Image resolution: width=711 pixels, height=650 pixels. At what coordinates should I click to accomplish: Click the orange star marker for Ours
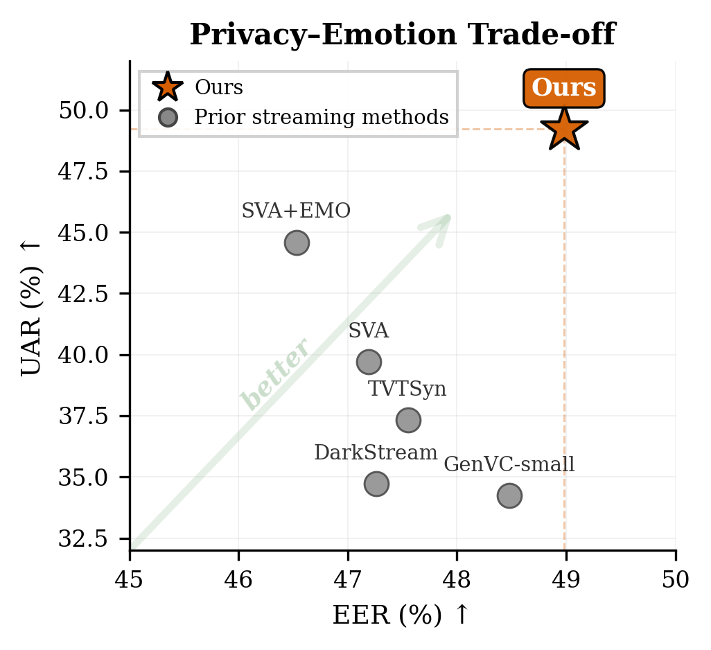click(564, 130)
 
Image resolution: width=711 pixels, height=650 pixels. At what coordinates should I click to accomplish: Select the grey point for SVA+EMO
click(297, 243)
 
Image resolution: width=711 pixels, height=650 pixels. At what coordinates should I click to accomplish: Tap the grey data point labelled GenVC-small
click(509, 495)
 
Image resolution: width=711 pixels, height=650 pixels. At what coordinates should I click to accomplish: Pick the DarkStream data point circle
click(376, 484)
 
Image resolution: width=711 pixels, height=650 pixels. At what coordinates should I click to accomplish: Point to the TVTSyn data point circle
click(408, 419)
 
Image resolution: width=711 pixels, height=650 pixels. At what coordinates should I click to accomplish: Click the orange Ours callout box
click(563, 88)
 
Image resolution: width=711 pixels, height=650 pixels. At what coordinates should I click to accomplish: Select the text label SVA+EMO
click(296, 211)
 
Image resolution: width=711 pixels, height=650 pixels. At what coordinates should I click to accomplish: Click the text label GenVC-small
click(509, 464)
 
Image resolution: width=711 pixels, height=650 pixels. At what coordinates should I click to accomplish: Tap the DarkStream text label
click(376, 453)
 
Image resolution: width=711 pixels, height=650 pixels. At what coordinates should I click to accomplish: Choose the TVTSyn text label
click(407, 389)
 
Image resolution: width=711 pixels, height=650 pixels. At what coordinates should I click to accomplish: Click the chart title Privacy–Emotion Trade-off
click(402, 35)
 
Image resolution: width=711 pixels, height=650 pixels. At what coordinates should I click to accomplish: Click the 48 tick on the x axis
click(457, 579)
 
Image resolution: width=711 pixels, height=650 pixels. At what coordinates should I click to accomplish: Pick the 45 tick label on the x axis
click(130, 579)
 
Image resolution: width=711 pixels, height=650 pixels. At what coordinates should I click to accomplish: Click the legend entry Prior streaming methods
click(322, 117)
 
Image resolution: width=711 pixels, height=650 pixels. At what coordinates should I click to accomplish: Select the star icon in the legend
click(168, 88)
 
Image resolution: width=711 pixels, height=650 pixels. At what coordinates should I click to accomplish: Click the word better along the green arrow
click(274, 374)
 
